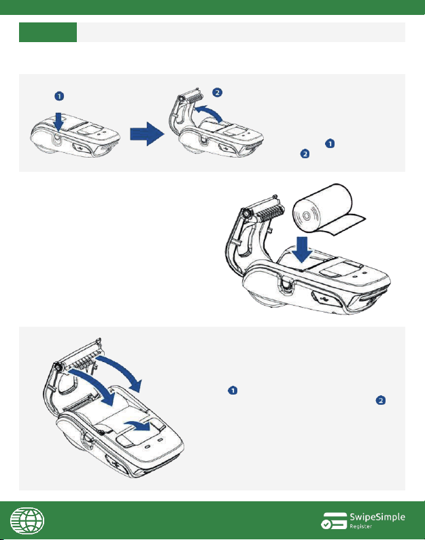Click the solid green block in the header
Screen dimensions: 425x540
(x=48, y=33)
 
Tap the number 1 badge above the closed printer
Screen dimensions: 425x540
(x=59, y=96)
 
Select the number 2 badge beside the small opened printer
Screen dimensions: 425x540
(x=217, y=92)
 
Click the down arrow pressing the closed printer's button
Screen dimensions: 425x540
(x=58, y=122)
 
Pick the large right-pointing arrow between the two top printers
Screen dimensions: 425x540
(x=147, y=134)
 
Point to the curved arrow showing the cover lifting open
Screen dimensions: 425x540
(x=208, y=111)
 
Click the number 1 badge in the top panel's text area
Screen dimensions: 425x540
(x=330, y=143)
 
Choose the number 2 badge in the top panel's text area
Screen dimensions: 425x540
(x=305, y=154)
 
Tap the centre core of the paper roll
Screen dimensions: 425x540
(x=306, y=216)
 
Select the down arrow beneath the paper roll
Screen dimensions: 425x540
(x=303, y=249)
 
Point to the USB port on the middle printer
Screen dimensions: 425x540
(x=323, y=298)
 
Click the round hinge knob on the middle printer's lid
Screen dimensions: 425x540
(x=247, y=214)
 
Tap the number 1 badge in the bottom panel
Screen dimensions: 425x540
(x=233, y=390)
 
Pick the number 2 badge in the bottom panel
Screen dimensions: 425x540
(x=381, y=400)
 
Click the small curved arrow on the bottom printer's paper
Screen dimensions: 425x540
(x=138, y=425)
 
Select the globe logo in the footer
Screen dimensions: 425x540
(x=27, y=520)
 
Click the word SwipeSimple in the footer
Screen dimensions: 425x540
(x=377, y=517)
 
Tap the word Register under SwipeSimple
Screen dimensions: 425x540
(x=361, y=526)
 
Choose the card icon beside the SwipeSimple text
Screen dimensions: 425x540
(x=334, y=520)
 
